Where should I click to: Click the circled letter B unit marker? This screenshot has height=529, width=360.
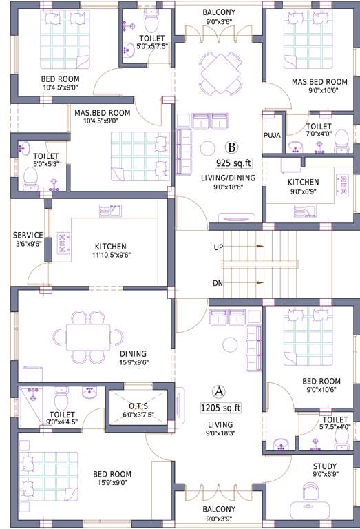click(232, 147)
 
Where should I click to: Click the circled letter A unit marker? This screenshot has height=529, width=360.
click(219, 391)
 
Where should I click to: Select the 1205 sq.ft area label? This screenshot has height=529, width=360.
click(220, 407)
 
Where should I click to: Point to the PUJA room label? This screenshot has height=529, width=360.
click(272, 135)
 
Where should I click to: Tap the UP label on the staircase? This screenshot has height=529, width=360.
click(218, 246)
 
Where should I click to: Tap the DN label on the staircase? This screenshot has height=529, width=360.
click(218, 282)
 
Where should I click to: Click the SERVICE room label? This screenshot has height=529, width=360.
click(28, 235)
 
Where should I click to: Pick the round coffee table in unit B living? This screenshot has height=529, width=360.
click(207, 147)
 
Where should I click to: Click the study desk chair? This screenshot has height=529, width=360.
click(310, 492)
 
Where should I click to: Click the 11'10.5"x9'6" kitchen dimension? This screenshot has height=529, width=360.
click(110, 255)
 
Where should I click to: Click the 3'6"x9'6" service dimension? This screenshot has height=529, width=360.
click(28, 243)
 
